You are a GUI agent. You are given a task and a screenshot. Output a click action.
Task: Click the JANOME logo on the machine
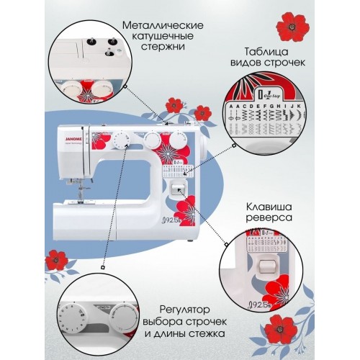click(x=73, y=132)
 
